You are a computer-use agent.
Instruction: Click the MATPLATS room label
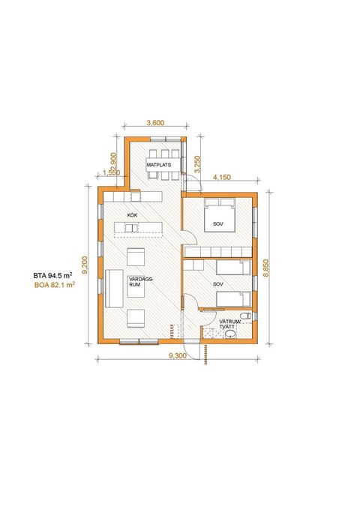[x=158, y=165]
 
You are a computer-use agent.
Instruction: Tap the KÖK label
[x=133, y=215]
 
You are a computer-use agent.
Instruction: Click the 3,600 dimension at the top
[x=156, y=123]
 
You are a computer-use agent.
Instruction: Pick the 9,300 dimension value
[x=178, y=355]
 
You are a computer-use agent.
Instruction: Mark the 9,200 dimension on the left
[x=85, y=265]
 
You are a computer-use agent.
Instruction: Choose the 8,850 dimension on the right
[x=266, y=268]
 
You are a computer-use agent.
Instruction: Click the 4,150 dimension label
[x=222, y=177]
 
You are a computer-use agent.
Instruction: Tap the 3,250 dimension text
[x=197, y=165]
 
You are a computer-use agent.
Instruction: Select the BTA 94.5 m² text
[x=52, y=276]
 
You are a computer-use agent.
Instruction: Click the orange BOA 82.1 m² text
[x=55, y=286]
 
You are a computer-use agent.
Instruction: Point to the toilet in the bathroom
[x=246, y=316]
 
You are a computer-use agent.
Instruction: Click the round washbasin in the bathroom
[x=230, y=334]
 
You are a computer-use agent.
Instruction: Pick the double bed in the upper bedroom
[x=220, y=215]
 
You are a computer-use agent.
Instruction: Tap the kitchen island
[x=138, y=228]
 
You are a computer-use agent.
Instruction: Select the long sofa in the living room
[x=114, y=289]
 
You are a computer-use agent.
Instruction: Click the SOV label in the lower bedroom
[x=218, y=284]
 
